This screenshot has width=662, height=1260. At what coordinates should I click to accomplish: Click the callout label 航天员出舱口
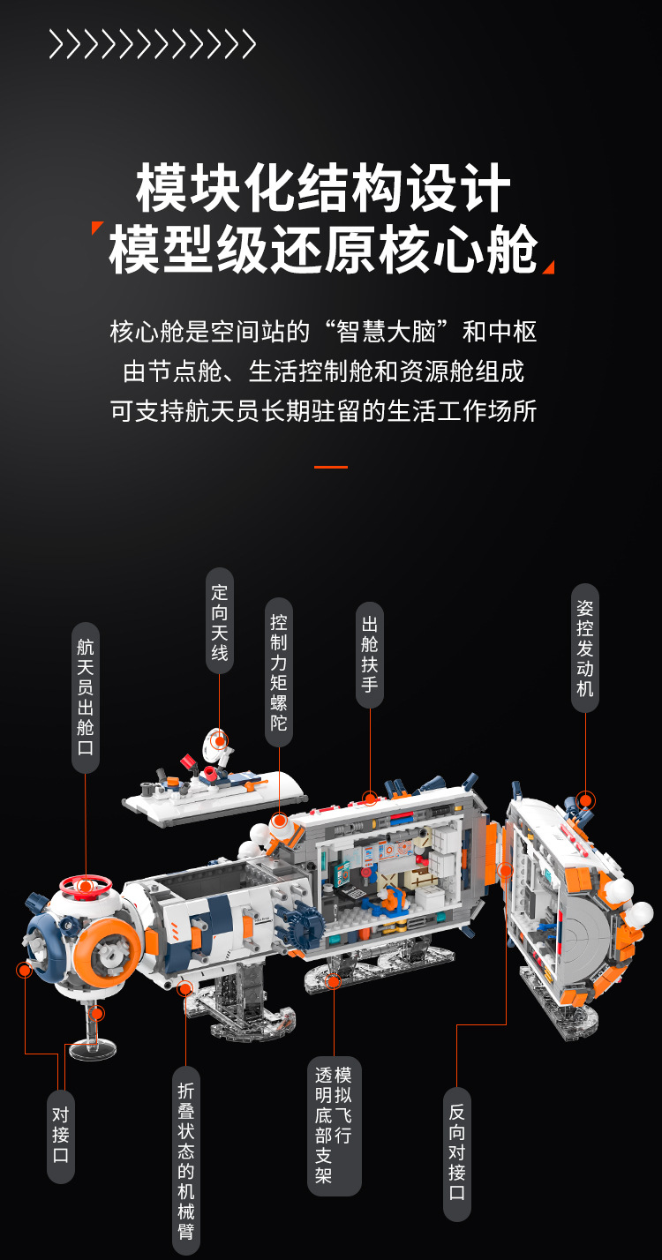click(x=86, y=697)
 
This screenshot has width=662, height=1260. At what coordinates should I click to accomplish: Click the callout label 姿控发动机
click(x=584, y=648)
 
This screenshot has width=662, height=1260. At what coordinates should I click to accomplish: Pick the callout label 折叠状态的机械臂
click(x=186, y=1160)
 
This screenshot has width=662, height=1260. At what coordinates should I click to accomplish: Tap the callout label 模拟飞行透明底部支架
click(x=335, y=1125)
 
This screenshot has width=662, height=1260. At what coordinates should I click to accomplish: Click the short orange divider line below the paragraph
click(x=331, y=467)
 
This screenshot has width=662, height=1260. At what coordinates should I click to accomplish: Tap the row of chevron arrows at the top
click(x=152, y=44)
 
